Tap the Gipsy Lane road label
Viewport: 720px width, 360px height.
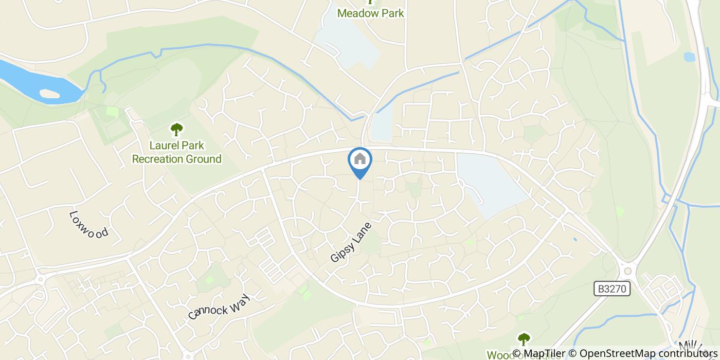pyautogui.click(x=350, y=242)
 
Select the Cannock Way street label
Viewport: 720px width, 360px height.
pyautogui.click(x=219, y=307)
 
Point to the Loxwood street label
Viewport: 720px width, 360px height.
pyautogui.click(x=88, y=224)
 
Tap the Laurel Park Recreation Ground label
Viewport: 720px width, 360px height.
pyautogui.click(x=176, y=152)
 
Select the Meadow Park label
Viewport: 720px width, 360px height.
pyautogui.click(x=370, y=13)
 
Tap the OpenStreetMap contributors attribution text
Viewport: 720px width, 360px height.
pyautogui.click(x=647, y=354)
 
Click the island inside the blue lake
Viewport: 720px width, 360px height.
pyautogui.click(x=49, y=94)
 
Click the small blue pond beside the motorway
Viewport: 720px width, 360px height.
pyautogui.click(x=689, y=57)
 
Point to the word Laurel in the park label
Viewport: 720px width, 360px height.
pyautogui.click(x=165, y=146)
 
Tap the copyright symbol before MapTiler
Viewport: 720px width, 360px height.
pyautogui.click(x=517, y=354)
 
